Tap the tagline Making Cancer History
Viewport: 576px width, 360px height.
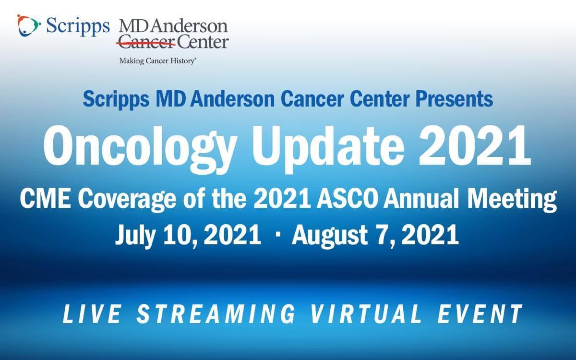pos(158,60)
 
